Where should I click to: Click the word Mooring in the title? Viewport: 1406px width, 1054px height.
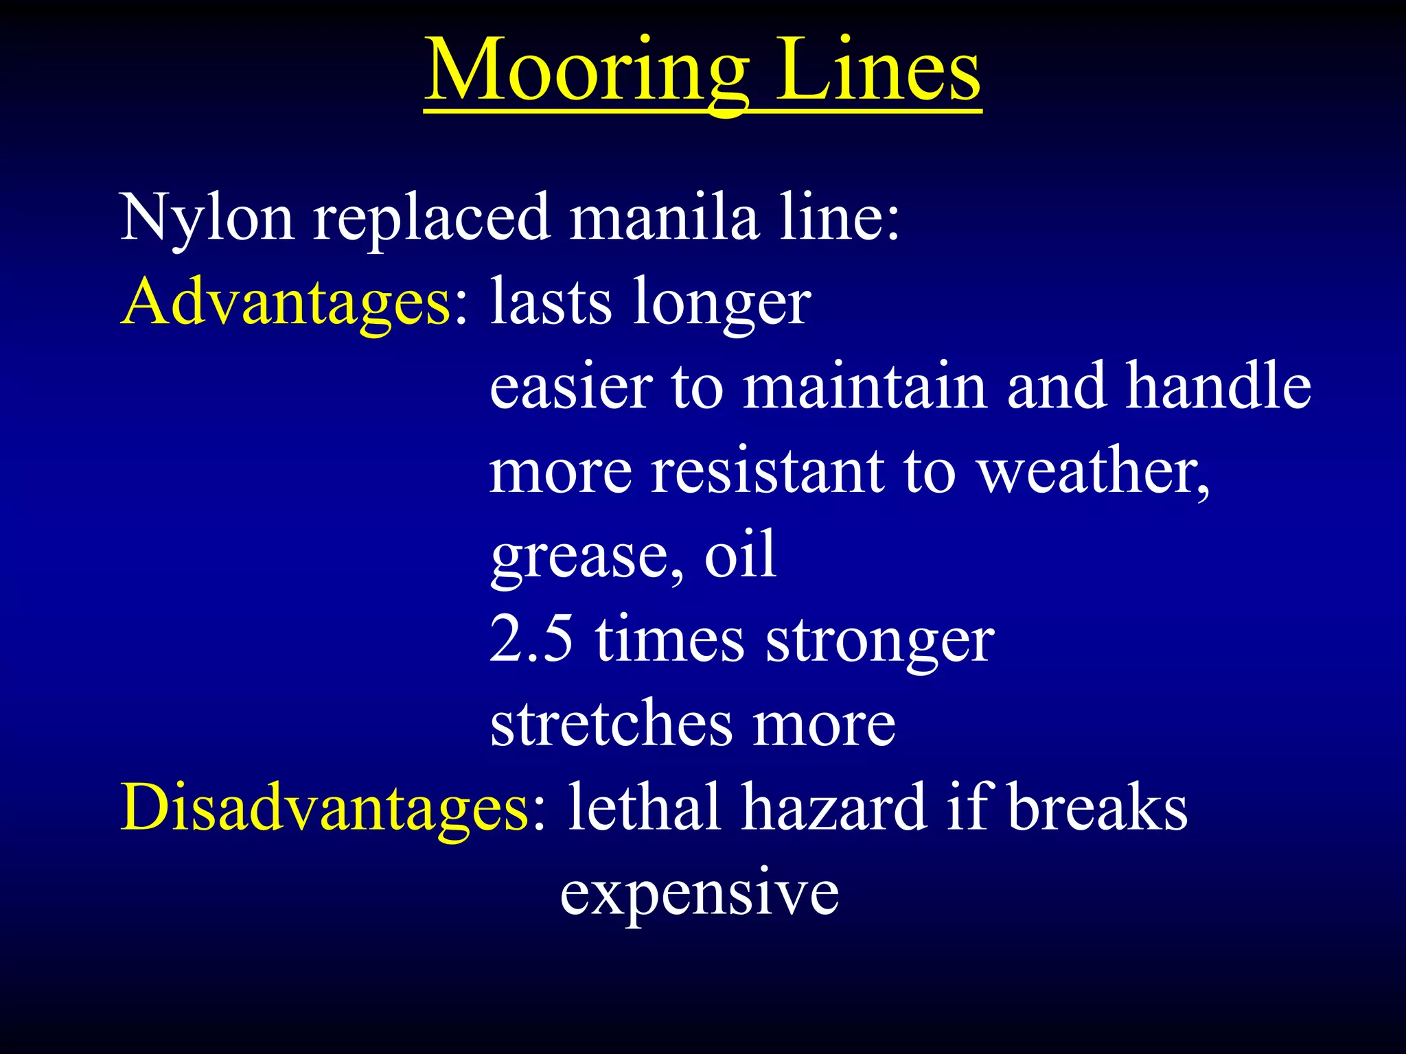(587, 72)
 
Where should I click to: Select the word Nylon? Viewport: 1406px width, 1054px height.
(207, 218)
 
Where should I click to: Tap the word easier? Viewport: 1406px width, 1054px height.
(571, 386)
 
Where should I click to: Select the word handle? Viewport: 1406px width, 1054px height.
(1219, 386)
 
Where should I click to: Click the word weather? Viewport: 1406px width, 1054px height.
(1092, 471)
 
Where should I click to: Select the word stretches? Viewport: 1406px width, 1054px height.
(611, 724)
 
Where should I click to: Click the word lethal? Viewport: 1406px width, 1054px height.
(644, 808)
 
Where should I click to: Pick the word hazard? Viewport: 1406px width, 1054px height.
(833, 808)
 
